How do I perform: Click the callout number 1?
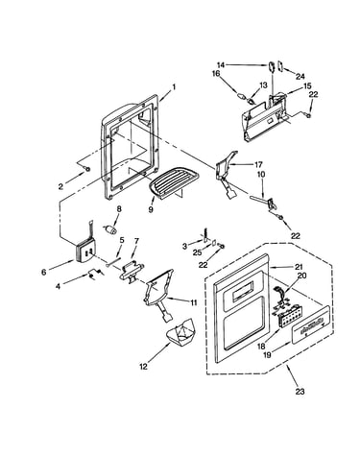click(x=174, y=86)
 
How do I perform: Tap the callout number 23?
click(x=300, y=391)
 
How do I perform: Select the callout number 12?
click(x=144, y=367)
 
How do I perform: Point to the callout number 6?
click(x=44, y=273)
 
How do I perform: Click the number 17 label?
click(x=258, y=165)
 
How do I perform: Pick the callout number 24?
click(x=300, y=76)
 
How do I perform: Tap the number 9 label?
click(x=151, y=209)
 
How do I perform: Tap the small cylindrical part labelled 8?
click(x=109, y=228)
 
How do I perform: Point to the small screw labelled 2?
click(x=86, y=168)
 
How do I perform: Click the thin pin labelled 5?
click(x=113, y=261)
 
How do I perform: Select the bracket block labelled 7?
click(x=132, y=271)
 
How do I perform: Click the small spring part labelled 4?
click(x=95, y=275)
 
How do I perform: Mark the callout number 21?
click(x=299, y=267)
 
